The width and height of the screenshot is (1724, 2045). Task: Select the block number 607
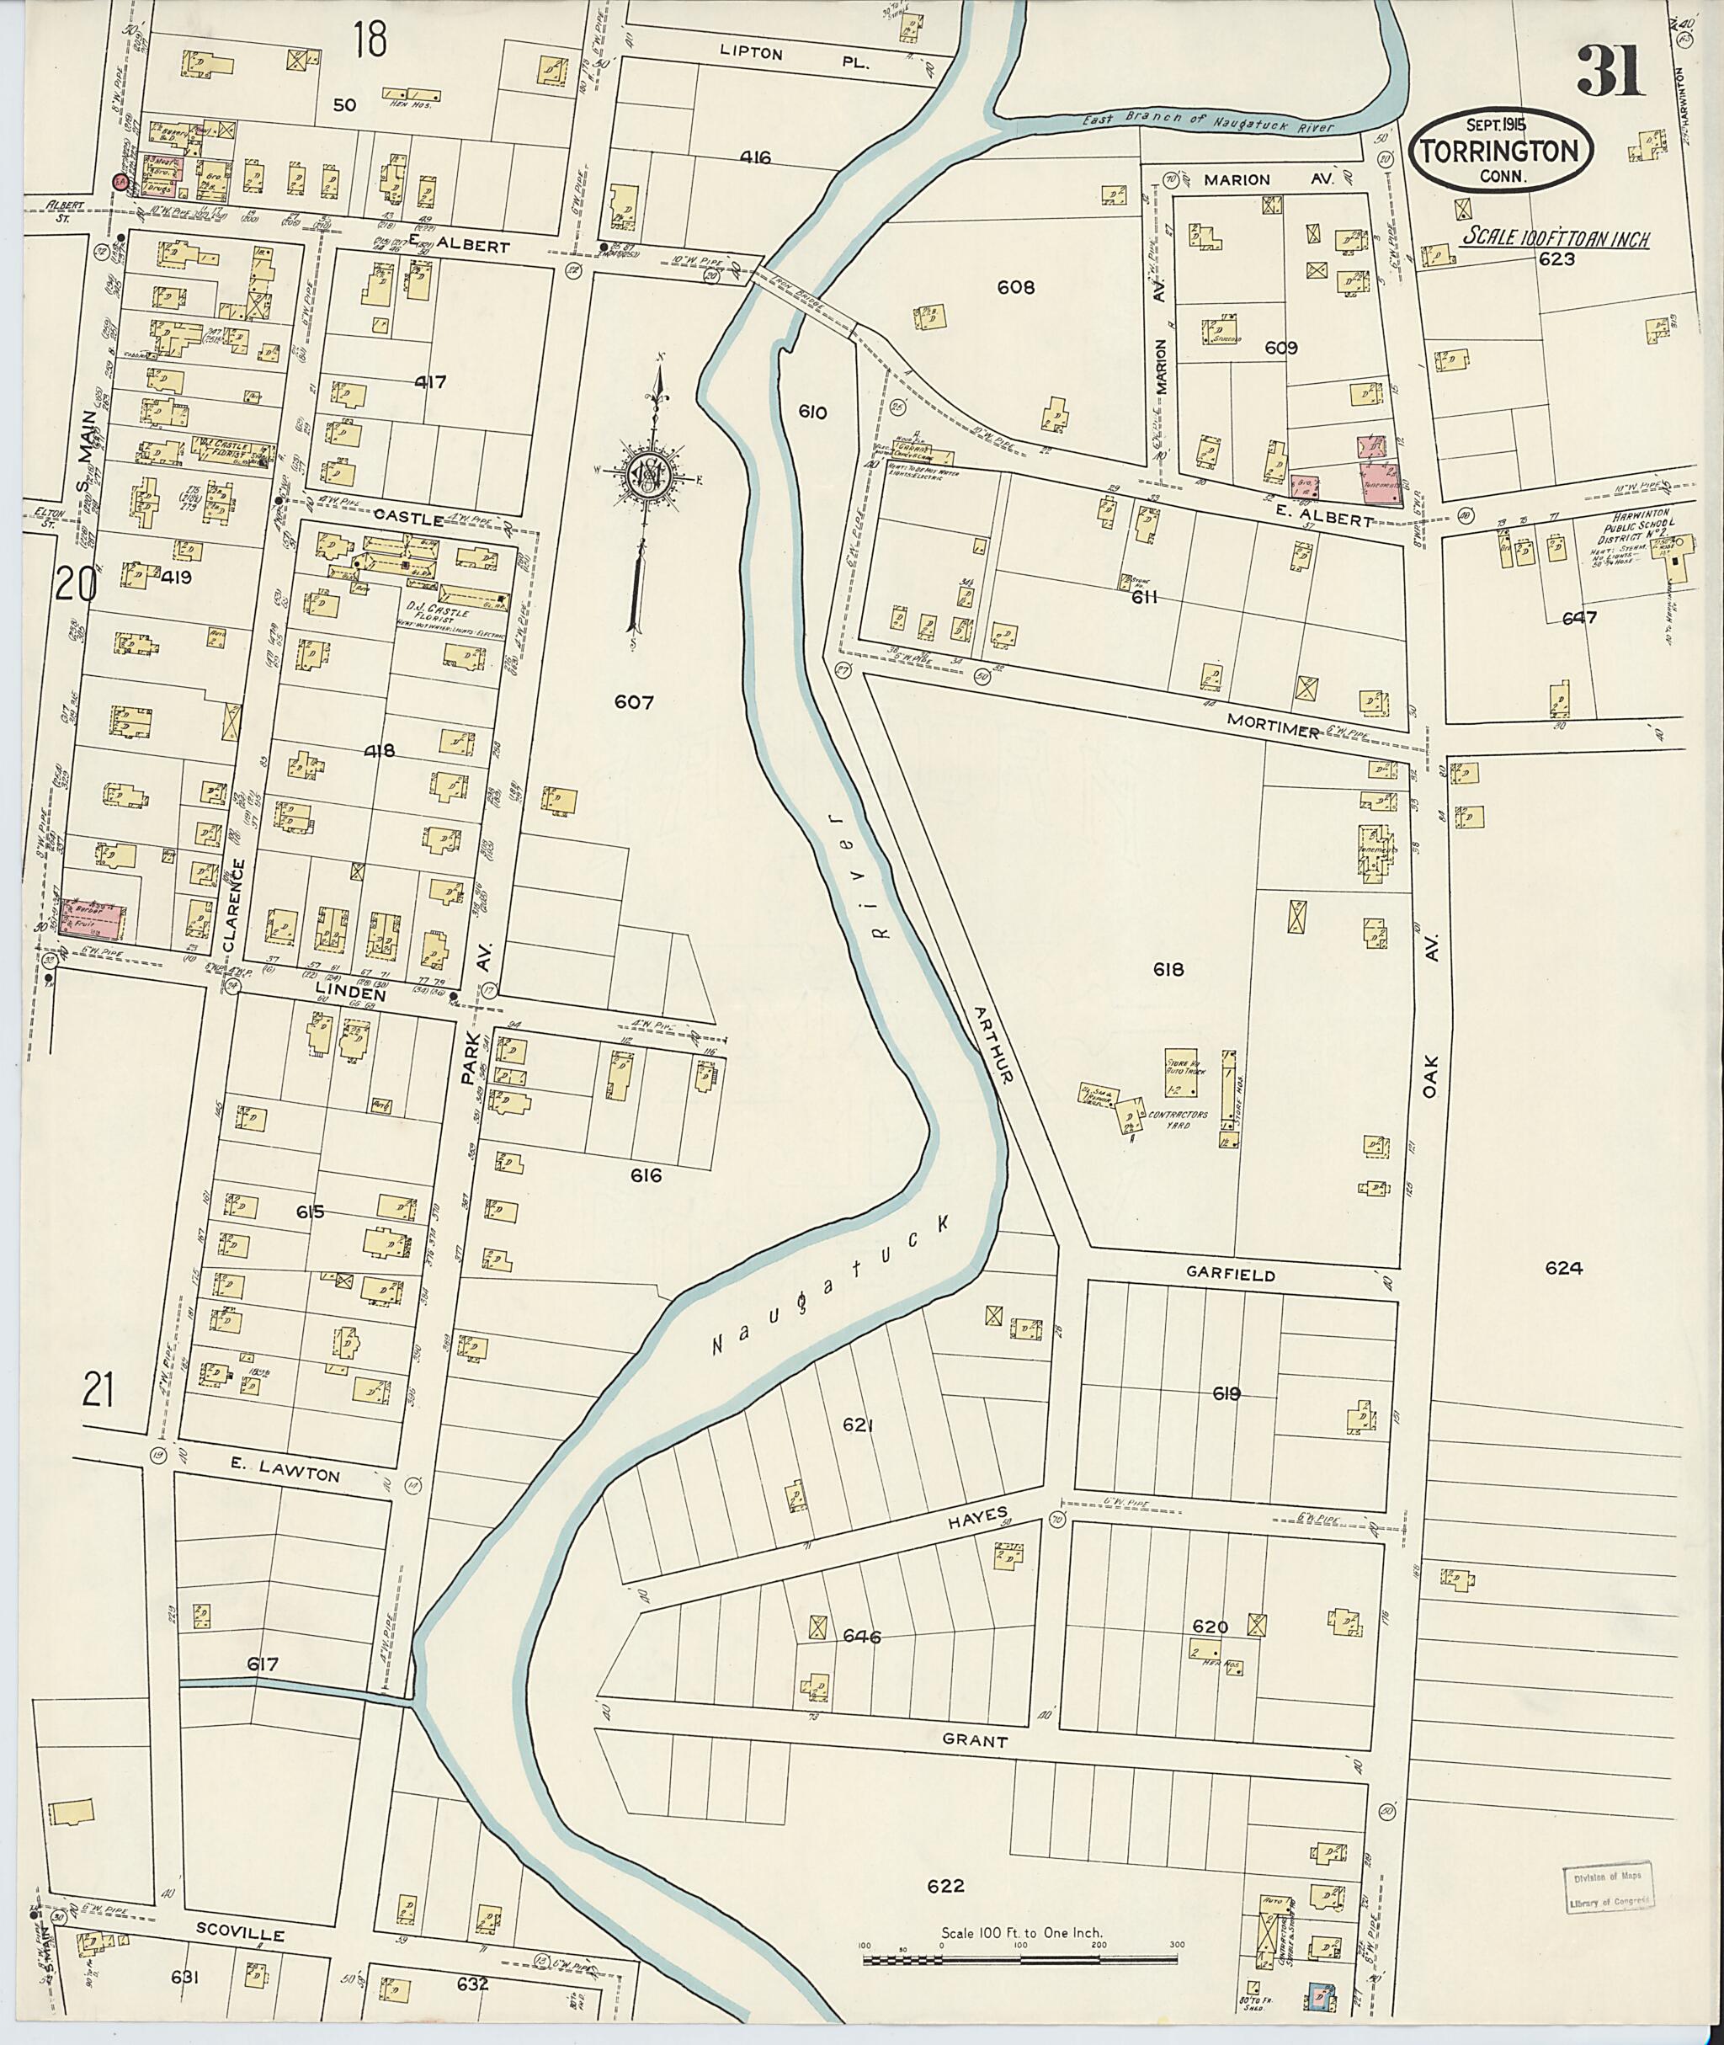click(633, 702)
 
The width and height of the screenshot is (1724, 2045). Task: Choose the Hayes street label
click(976, 1515)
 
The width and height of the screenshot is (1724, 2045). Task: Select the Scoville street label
click(238, 1935)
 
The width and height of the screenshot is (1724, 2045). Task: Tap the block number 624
click(1564, 1268)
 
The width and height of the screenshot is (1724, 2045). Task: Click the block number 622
click(945, 1886)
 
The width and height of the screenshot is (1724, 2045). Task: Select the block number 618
click(1168, 969)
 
